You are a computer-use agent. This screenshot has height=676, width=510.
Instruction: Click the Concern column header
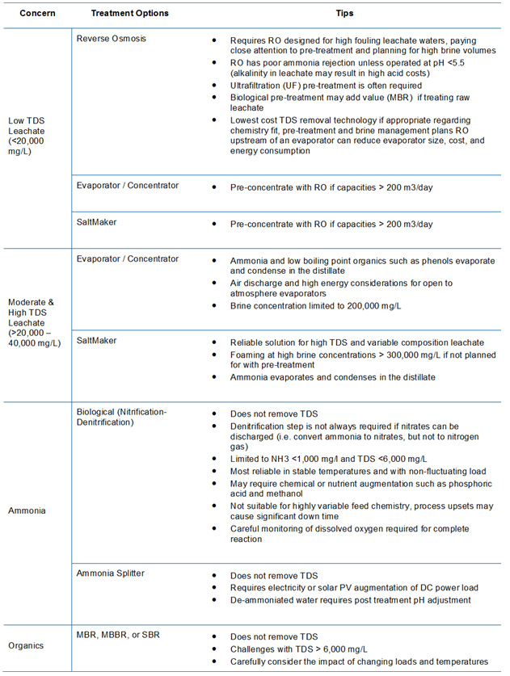(x=35, y=15)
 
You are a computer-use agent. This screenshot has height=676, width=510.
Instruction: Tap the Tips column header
(x=344, y=15)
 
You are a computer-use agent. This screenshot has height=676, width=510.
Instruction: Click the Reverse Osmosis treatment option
(x=112, y=38)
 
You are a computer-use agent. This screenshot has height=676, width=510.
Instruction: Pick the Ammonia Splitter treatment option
(x=112, y=573)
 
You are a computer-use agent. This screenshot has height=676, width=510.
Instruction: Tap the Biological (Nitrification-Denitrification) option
(x=121, y=417)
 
